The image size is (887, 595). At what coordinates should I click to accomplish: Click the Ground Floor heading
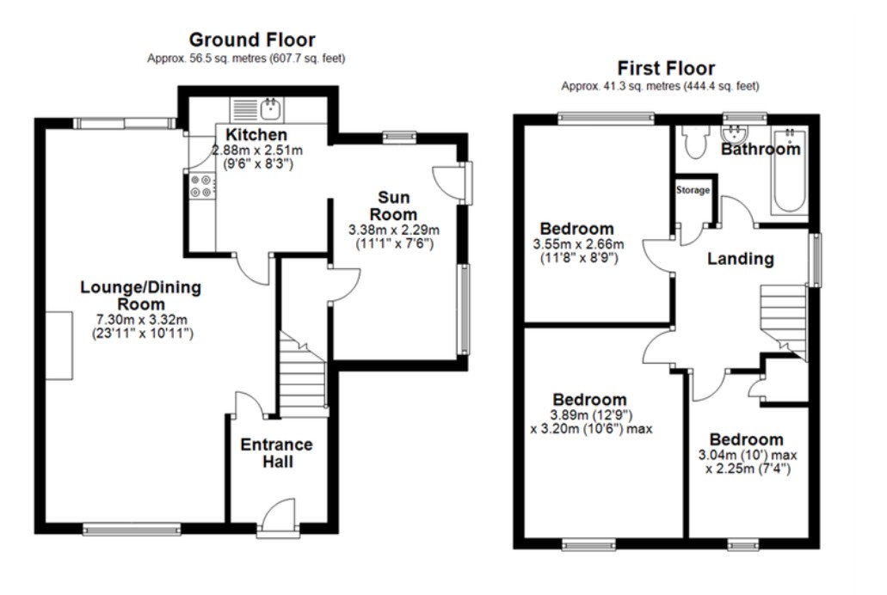coord(252,40)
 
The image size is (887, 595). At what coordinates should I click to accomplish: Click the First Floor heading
coord(666,69)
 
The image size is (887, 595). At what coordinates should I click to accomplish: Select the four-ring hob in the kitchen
coord(200,186)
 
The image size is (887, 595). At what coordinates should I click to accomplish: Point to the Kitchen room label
coord(256,135)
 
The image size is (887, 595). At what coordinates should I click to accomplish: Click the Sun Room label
coord(393,205)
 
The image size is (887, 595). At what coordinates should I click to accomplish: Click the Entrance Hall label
coord(277,453)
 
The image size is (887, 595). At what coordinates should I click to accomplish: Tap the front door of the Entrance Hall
coord(279,516)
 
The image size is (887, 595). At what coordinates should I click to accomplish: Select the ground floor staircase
coord(303,374)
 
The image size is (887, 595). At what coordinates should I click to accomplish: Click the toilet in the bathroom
coord(694,141)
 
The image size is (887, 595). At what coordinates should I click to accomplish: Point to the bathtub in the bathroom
coord(791,170)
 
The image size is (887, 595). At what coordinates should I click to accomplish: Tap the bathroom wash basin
coord(735,133)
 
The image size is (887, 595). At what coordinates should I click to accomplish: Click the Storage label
coord(693,190)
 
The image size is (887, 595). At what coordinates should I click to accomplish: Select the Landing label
coord(741,259)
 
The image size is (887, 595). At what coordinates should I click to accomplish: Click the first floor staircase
coord(783,321)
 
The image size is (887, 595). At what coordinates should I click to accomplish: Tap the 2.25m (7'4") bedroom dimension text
coord(748,469)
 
